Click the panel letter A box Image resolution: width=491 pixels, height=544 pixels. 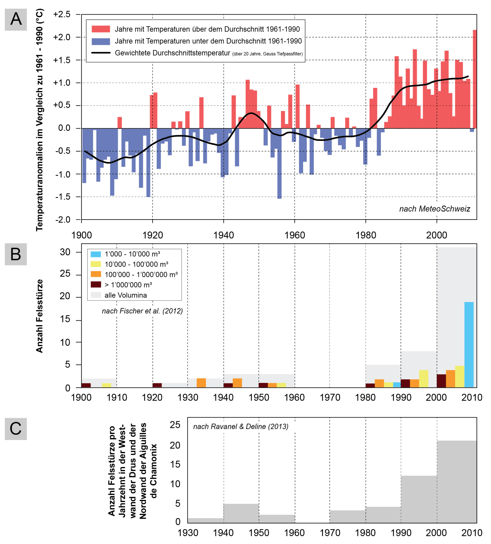[x=16, y=19]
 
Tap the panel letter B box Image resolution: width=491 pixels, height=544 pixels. [x=16, y=254]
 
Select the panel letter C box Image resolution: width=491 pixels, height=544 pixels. [x=16, y=429]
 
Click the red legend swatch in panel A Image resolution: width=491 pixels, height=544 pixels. [x=101, y=29]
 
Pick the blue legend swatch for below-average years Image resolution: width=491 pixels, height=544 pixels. [x=101, y=41]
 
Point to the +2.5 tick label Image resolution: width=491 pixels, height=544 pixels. [x=62, y=14]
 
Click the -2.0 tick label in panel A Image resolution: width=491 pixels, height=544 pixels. [x=63, y=220]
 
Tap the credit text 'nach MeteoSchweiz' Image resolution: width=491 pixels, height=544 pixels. [x=434, y=209]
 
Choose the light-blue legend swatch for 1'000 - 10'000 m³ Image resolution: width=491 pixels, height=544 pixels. [x=96, y=254]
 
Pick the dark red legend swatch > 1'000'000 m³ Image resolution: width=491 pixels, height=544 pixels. [x=96, y=285]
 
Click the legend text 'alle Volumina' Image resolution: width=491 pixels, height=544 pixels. [x=126, y=295]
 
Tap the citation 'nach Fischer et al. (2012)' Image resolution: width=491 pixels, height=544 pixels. [x=142, y=311]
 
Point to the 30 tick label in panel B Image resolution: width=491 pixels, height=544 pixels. [x=65, y=252]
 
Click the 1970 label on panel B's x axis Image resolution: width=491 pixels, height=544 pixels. [x=330, y=397]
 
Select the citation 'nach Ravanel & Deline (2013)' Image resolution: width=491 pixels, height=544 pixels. [x=241, y=426]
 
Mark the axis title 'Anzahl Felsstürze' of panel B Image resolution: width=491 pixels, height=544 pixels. [x=39, y=316]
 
